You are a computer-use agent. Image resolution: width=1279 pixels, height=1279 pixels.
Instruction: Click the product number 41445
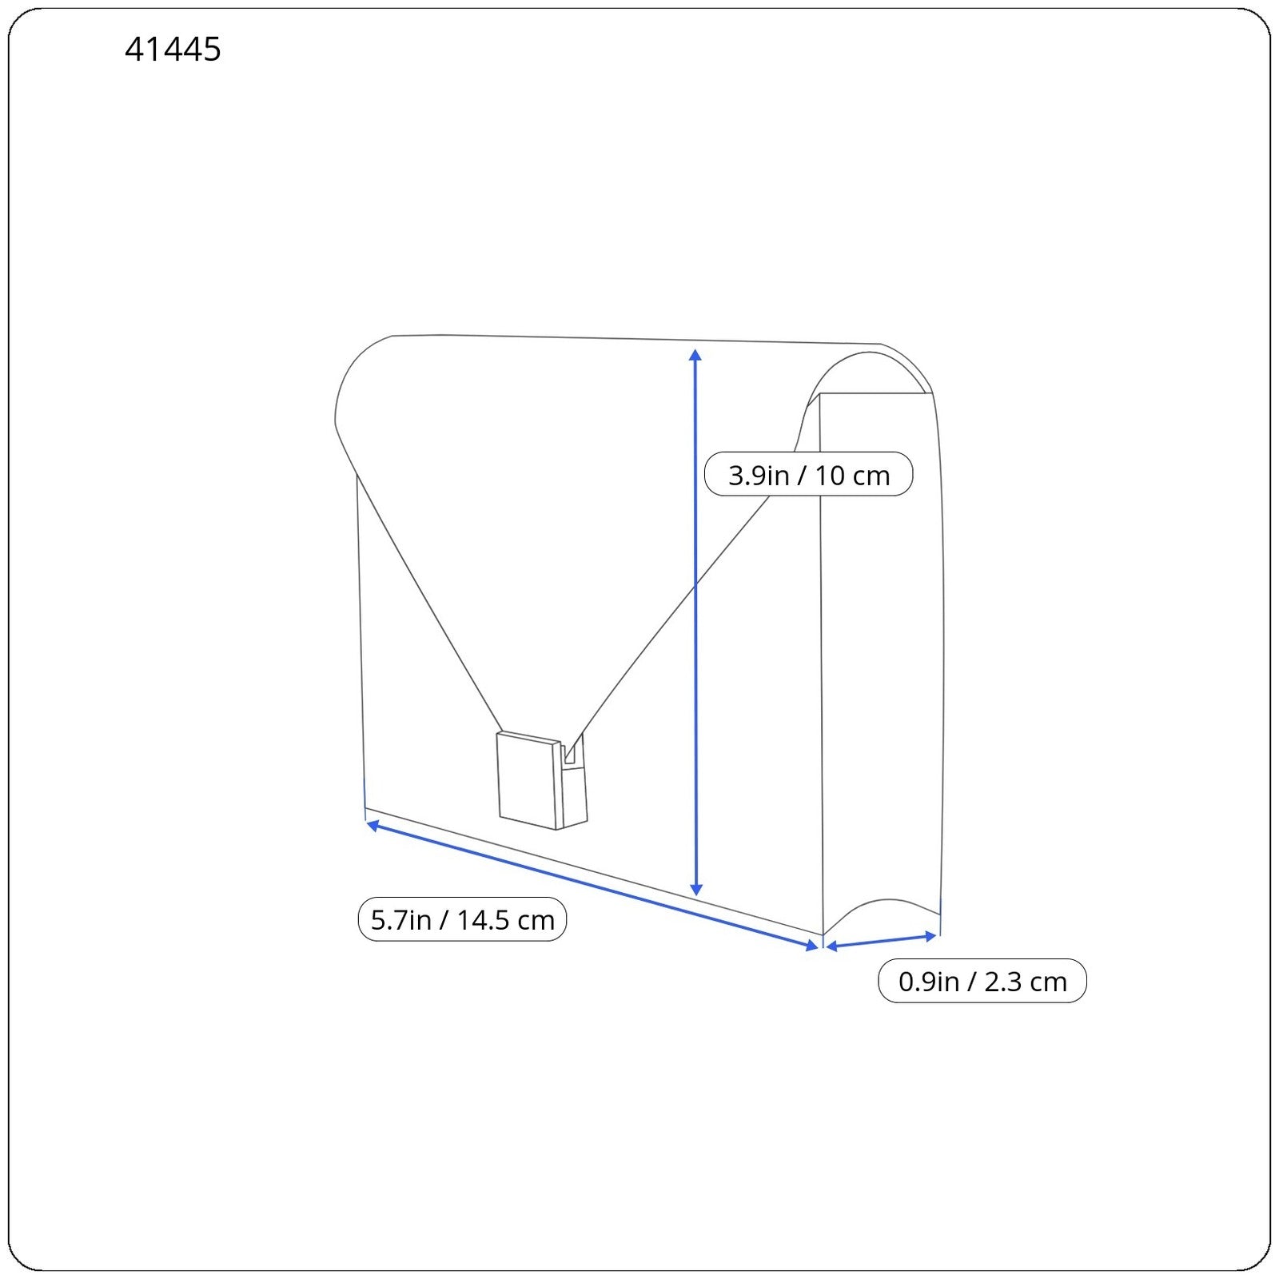[x=173, y=50]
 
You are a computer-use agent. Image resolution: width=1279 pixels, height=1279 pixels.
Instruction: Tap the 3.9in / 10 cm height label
[x=808, y=475]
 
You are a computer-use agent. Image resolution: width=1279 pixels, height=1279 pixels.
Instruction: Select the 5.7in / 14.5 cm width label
[x=462, y=919]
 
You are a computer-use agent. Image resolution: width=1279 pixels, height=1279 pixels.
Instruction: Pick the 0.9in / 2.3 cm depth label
[x=982, y=981]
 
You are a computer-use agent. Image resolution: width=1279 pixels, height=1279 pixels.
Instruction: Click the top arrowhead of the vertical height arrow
[x=695, y=355]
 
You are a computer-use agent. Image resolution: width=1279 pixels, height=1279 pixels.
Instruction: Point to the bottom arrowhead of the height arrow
[x=696, y=889]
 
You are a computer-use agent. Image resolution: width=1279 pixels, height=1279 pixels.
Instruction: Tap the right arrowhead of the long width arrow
[x=813, y=946]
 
